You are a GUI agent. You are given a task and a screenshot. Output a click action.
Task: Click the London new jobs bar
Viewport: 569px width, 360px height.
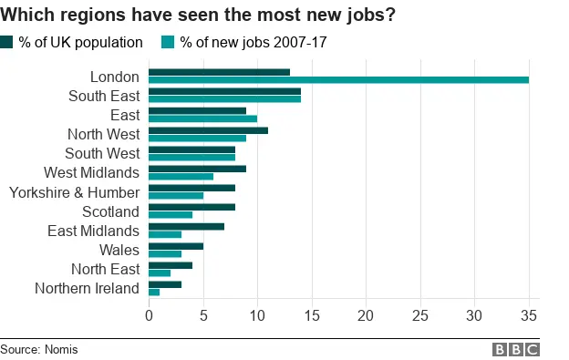click(338, 80)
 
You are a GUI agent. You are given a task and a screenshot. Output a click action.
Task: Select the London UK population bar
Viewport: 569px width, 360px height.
click(219, 72)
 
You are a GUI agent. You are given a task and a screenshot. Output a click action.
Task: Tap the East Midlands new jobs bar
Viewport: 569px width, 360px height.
click(165, 234)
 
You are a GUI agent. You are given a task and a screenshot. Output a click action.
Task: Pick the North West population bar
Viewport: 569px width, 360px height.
click(208, 130)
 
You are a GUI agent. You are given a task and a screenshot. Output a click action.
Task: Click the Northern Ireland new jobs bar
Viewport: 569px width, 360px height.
click(154, 293)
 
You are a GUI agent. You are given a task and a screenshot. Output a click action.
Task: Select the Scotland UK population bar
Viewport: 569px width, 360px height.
click(191, 207)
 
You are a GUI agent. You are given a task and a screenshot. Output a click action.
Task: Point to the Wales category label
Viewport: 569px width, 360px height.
click(119, 250)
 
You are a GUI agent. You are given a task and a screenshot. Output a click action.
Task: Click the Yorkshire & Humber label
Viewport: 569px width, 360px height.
click(74, 192)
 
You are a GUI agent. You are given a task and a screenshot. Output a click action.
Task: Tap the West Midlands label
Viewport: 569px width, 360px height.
click(91, 172)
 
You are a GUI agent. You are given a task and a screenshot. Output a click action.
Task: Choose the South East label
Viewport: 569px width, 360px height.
click(104, 96)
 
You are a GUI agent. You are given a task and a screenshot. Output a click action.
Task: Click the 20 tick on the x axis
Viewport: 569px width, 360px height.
click(366, 316)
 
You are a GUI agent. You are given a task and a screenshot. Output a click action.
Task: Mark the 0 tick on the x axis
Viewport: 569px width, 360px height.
click(149, 316)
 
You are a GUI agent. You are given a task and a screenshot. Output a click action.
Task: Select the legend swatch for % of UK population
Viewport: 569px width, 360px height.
click(7, 42)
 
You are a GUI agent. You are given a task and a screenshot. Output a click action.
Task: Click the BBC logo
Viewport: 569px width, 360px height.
click(515, 349)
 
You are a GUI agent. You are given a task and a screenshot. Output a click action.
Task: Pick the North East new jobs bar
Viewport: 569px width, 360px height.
click(160, 273)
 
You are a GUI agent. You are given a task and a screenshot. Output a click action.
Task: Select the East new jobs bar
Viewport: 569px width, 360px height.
click(202, 118)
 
